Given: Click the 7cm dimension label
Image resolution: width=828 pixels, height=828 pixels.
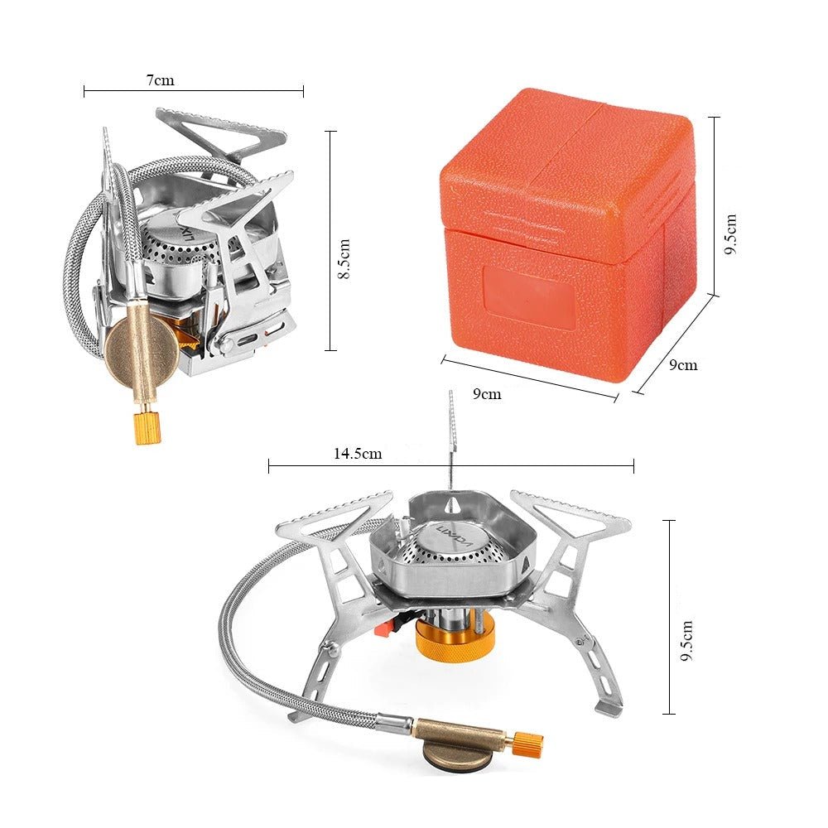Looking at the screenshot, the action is click(160, 80).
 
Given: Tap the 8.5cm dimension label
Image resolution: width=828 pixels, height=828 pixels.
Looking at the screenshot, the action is click(344, 258).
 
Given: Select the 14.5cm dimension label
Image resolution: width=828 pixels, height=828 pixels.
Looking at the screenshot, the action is click(358, 454).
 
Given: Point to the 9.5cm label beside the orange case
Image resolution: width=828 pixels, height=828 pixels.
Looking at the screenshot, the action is click(730, 234).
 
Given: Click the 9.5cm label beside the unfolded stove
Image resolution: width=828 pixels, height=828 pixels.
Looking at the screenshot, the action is click(686, 641).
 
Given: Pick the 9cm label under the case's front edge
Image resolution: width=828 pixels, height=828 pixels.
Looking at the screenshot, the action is click(486, 394).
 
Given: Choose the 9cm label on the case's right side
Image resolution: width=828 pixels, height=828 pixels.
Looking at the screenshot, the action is click(683, 365).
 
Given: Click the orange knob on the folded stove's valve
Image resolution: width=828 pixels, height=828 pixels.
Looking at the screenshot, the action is click(147, 428).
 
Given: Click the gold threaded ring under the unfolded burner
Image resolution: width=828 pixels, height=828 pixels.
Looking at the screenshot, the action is click(455, 635).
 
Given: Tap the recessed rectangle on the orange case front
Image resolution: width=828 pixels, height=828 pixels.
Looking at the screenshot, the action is click(530, 298).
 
